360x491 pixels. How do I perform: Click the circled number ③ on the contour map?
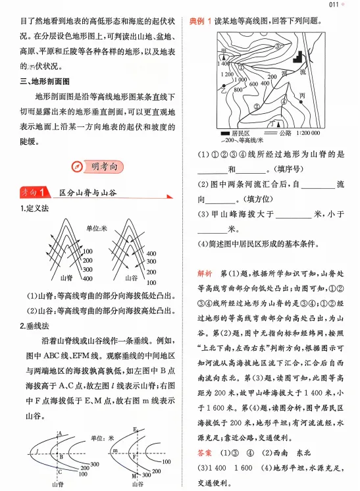pos(278,46)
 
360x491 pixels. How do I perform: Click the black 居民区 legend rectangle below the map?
pos(224,134)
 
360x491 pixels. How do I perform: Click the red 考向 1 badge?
pos(34,193)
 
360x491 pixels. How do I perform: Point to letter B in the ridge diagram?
pos(61,455)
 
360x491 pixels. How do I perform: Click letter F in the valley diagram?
pos(137,455)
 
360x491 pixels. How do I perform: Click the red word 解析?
pos(204,272)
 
